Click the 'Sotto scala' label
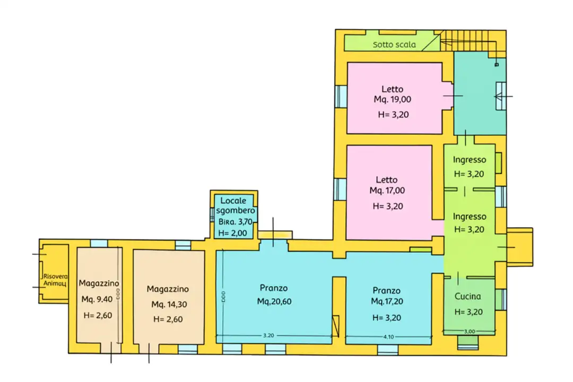[394, 45]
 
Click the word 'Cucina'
[467, 297]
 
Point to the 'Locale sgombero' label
[233, 205]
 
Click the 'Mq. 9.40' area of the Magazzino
[97, 299]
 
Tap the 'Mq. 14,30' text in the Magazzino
[168, 305]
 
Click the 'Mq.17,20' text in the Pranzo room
[386, 301]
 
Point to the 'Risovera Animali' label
[55, 280]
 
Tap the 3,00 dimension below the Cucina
[469, 331]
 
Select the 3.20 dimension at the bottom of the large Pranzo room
[269, 335]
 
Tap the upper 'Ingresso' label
[470, 160]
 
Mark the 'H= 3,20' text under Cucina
[467, 311]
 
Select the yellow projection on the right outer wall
[519, 247]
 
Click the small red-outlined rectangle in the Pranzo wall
[335, 325]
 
